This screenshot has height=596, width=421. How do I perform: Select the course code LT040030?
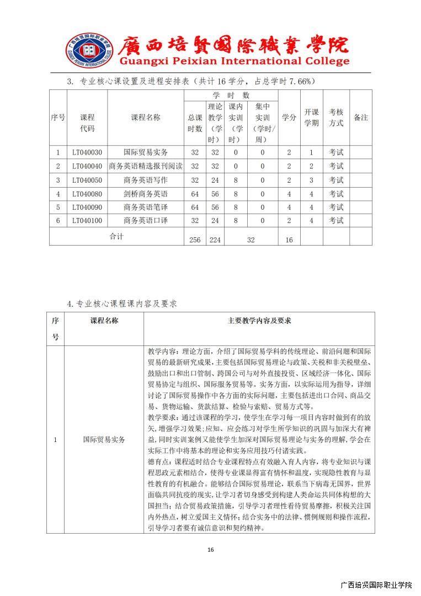tap(87, 152)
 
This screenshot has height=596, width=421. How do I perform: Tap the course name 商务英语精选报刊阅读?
tap(145, 166)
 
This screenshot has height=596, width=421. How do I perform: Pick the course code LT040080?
tap(87, 194)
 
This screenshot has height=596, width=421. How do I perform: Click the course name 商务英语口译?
tap(145, 221)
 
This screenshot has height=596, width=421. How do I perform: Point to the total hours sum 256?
tap(194, 240)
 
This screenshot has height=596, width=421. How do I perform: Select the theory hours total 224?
tap(215, 240)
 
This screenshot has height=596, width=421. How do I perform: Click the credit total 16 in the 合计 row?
tap(289, 240)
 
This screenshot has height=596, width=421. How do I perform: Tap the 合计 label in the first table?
tap(116, 236)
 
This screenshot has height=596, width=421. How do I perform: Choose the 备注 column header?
tap(360, 118)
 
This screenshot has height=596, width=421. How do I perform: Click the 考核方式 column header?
tap(336, 118)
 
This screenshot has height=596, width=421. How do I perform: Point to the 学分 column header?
tap(289, 118)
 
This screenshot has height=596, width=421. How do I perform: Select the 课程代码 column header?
tap(87, 123)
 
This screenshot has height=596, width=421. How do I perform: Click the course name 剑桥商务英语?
tap(145, 194)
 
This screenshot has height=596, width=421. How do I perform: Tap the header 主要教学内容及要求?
tap(259, 321)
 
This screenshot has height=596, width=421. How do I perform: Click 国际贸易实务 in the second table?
tap(104, 440)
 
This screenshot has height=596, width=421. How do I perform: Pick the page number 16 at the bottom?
tap(210, 550)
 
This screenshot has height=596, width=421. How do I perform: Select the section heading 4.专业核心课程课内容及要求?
tap(122, 303)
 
